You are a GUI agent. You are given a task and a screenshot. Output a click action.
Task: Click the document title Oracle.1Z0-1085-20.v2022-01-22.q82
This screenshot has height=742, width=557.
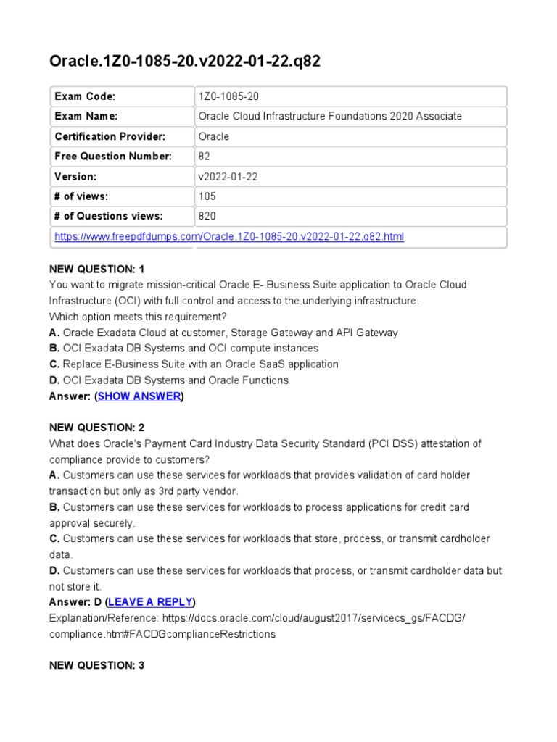pos(184,61)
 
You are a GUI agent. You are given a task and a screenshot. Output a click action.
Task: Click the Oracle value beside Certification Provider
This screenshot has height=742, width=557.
pos(213,136)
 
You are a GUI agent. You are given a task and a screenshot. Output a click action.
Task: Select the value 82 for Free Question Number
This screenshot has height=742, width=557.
pos(204,157)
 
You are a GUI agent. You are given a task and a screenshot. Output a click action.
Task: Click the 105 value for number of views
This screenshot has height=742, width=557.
pos(207,196)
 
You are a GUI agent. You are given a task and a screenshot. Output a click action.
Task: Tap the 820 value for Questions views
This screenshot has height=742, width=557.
pos(207,216)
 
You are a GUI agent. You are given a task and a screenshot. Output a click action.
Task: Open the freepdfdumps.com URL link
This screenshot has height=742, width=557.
pos(229,236)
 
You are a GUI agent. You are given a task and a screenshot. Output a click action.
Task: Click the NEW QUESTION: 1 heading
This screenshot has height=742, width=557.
pos(97,269)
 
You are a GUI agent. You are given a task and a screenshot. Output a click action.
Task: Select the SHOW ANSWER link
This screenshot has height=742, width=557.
pos(139,396)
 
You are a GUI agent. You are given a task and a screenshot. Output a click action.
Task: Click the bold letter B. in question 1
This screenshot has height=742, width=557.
pos(54,349)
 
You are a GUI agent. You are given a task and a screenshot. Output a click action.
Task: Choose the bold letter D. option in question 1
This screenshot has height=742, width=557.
pos(54,380)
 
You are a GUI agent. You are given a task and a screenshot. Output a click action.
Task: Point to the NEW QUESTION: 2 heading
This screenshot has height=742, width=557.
pos(97,428)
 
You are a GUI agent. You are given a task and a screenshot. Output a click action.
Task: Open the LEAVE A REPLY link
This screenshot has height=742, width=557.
pos(150,602)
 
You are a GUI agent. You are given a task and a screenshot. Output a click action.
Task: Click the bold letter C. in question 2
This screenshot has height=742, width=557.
pos(54,538)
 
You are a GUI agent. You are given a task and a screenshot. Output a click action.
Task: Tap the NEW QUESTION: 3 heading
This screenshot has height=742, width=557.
pos(97,665)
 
